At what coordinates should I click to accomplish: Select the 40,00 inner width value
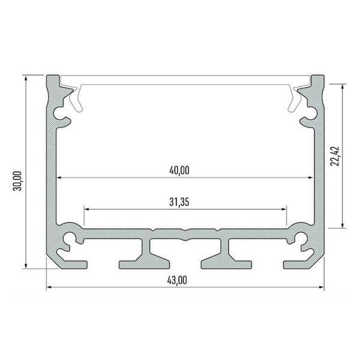pos(179,170)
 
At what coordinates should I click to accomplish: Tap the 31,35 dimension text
pos(179,202)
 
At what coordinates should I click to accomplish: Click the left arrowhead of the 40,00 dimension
pos(60,178)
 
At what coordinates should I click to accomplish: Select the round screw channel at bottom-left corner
pos(71,238)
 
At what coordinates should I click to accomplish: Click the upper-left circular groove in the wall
pos(60,112)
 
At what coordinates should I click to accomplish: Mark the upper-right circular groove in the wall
pos(311,112)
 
